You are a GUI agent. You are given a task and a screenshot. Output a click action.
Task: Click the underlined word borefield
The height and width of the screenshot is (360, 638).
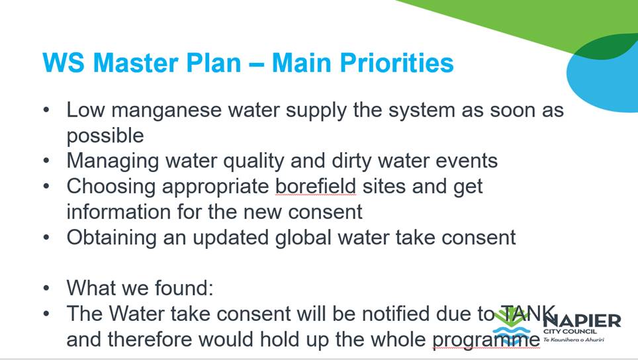point(316,187)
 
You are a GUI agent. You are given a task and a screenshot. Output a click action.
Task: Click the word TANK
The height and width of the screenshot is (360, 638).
point(528,314)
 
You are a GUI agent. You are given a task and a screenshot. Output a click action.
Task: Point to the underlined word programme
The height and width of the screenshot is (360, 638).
point(486,340)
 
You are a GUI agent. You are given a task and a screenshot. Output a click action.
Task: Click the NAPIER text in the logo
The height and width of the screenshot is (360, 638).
point(582,320)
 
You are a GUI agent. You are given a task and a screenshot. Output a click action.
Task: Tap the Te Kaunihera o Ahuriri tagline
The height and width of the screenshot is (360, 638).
point(574,339)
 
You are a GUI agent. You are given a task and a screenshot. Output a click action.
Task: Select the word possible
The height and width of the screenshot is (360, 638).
point(105,136)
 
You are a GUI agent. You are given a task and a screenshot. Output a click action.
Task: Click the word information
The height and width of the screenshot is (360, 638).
point(118,212)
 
